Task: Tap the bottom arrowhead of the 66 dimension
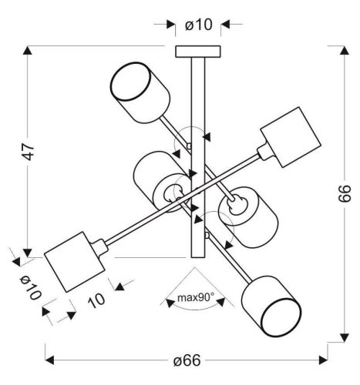(342, 336)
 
